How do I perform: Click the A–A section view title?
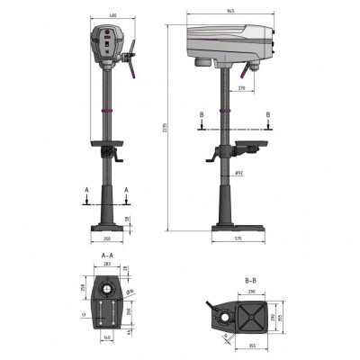106,256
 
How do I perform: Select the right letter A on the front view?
127,190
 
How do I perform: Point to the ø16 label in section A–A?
131,292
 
